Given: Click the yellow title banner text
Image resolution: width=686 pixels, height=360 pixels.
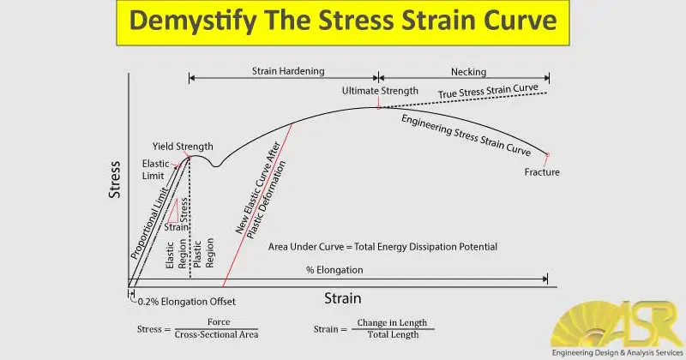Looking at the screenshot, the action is tap(343, 21).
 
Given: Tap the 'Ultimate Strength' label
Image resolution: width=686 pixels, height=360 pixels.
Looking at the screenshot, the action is tap(380, 91).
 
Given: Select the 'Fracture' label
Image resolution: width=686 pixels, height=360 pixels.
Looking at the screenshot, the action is tap(542, 172).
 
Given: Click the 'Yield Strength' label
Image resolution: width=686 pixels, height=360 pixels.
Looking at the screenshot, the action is tap(183, 147).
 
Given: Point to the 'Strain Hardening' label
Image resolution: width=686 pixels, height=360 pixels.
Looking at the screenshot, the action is tap(288, 71).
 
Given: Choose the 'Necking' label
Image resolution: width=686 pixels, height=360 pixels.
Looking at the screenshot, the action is tap(468, 72).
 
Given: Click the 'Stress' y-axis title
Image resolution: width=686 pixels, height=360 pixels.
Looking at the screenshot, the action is tap(114, 180).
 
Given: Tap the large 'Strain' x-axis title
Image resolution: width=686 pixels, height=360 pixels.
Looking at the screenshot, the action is tap(342, 298).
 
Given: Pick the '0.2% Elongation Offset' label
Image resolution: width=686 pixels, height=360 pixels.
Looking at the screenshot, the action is tap(186, 302).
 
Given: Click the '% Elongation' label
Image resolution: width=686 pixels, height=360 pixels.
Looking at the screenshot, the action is tap(334, 270).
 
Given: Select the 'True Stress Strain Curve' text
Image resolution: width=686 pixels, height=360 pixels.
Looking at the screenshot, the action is tap(488, 92).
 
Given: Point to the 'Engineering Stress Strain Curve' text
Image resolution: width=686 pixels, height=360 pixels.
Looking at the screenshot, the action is tap(466, 135).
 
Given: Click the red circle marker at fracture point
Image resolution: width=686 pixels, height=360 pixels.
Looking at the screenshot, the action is tap(547, 154).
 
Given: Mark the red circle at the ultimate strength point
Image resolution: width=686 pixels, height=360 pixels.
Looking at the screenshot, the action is tap(378, 107).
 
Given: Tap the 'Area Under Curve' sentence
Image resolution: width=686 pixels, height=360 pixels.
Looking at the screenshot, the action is tap(382, 247).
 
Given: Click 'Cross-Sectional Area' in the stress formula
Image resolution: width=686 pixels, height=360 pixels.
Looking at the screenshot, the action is tap(216, 334).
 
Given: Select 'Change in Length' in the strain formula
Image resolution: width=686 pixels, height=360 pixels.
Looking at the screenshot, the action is tap(392, 323).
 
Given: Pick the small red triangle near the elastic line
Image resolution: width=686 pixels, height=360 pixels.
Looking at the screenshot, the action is tap(173, 211).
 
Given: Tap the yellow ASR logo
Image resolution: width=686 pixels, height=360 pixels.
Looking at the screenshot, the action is tap(617, 324).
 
